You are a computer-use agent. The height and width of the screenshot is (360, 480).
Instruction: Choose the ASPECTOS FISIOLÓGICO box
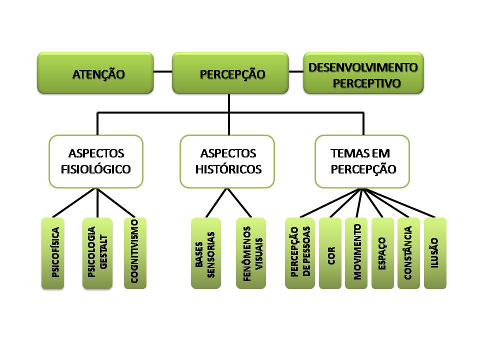[x=95, y=161]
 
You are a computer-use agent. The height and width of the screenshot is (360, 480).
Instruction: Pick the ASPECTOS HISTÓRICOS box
[x=227, y=161]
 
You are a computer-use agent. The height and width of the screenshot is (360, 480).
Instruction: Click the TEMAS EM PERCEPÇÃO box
[x=362, y=161]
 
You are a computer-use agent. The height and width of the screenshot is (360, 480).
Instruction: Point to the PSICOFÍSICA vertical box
[x=53, y=253]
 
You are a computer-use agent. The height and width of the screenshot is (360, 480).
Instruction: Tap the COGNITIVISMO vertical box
[x=135, y=253]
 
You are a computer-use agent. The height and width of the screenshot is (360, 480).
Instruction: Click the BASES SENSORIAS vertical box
[x=206, y=253]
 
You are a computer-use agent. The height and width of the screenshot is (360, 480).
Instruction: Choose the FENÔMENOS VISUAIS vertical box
[x=250, y=253]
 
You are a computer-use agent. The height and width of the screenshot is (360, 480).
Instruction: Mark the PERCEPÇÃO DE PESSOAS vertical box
[x=300, y=253]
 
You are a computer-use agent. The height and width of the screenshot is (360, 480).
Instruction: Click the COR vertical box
[x=330, y=253]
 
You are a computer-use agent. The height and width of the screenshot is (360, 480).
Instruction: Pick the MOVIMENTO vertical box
[x=356, y=253]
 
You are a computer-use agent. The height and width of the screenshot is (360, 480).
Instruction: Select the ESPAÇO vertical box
[x=382, y=253]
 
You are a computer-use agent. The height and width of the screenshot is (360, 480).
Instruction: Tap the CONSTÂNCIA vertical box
[x=408, y=253]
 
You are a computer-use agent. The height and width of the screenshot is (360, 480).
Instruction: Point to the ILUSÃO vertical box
[x=435, y=253]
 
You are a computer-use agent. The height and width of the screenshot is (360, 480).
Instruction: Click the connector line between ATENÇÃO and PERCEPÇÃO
[x=162, y=71]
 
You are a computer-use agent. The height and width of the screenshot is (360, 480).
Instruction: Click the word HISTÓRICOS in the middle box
[x=228, y=169]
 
